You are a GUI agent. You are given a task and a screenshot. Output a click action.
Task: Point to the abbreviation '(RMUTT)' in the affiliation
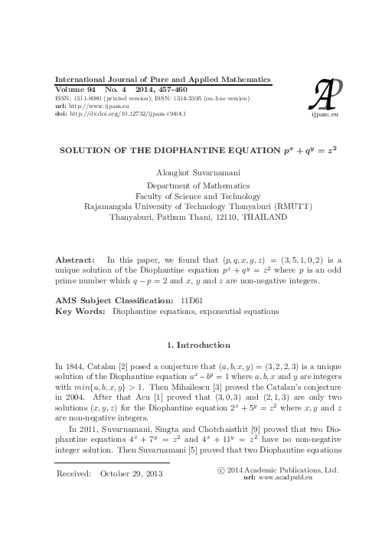click(x=289, y=206)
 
